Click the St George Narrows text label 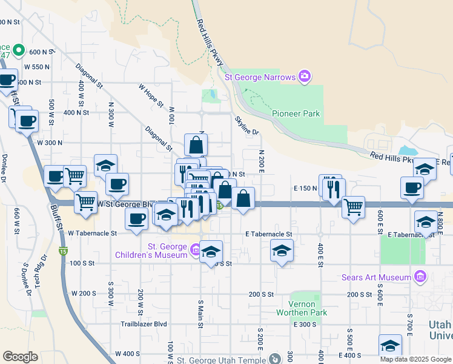260,77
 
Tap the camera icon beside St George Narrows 304,76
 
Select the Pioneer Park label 296,113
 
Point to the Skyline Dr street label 246,126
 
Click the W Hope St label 151,96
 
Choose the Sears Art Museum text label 375,278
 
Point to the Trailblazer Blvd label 144,324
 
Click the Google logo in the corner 20,357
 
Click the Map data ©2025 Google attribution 416,359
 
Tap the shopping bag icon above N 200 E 243,198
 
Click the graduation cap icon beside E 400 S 390,345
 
